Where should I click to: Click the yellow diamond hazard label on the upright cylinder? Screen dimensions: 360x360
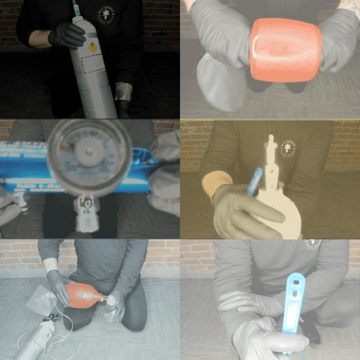[x=93, y=47]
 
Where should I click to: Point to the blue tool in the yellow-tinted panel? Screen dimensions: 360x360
[x=254, y=180]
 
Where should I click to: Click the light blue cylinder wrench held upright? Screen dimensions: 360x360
[x=294, y=302]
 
